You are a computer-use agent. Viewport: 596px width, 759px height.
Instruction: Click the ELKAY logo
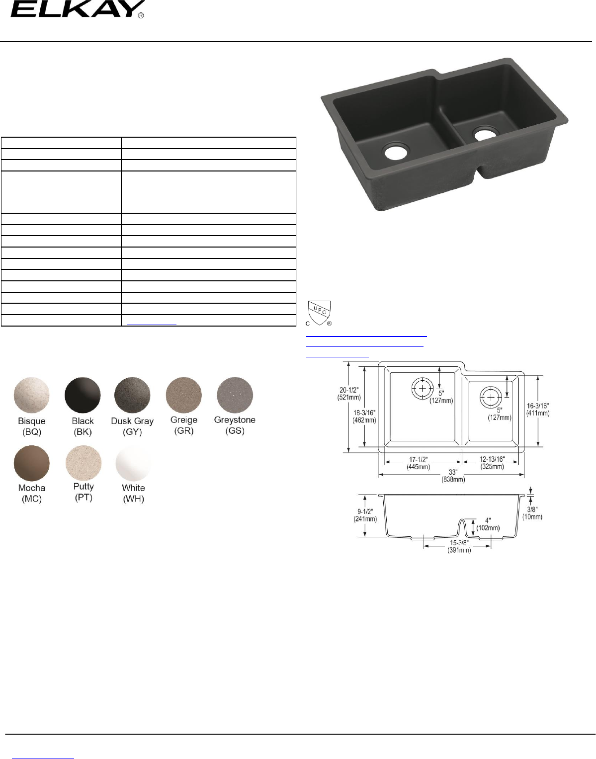pos(77,9)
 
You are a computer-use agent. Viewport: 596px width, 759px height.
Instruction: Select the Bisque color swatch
pos(31,395)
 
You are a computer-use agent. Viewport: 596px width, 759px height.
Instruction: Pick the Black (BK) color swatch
pos(83,395)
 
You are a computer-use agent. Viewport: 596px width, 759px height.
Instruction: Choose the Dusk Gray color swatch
pos(132,395)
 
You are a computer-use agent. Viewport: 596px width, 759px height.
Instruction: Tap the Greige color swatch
pos(183,395)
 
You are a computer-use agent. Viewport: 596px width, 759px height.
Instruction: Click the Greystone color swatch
pos(235,395)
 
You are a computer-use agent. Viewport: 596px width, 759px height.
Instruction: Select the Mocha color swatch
pos(31,463)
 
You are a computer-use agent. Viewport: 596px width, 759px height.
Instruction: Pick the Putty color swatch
pos(83,463)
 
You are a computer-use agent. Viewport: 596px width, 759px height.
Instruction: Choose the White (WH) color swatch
pos(133,463)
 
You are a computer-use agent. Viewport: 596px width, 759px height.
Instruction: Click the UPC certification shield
pos(319,313)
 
